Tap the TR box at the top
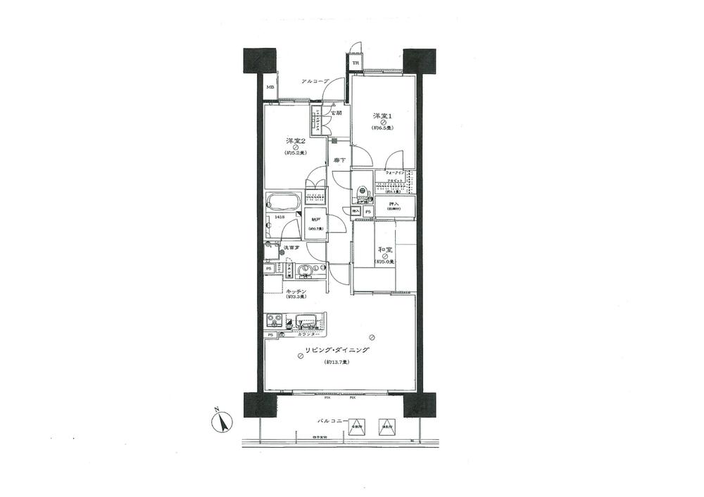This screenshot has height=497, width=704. pyautogui.click(x=356, y=62)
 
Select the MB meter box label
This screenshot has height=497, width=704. pyautogui.click(x=270, y=88)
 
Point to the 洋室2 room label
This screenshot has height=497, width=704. pyautogui.click(x=294, y=139)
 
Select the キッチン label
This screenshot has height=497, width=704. pyautogui.click(x=295, y=290)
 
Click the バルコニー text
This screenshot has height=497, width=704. pyautogui.click(x=331, y=421)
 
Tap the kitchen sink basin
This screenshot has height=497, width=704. pyautogui.click(x=307, y=323)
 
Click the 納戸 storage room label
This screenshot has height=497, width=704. pyautogui.click(x=315, y=220)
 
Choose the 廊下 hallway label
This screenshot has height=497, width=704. pyautogui.click(x=339, y=160)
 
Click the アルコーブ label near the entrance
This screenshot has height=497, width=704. pyautogui.click(x=314, y=82)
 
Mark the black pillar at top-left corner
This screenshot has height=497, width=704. pyautogui.click(x=259, y=62)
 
